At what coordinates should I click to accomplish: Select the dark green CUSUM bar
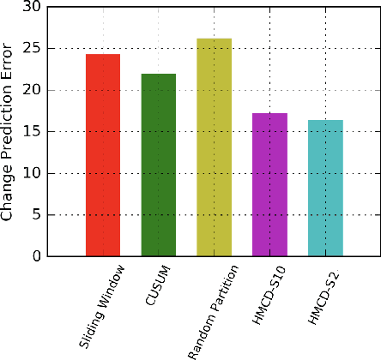tap(159, 165)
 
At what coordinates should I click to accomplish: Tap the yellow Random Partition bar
tap(214, 147)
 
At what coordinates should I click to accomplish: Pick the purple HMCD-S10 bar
tap(269, 185)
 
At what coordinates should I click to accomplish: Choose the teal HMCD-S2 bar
tap(325, 189)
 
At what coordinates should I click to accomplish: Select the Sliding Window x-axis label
tap(103, 306)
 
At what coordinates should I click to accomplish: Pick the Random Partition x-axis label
tap(209, 311)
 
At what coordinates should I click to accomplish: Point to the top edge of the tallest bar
tap(214, 39)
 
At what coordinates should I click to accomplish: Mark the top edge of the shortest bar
tap(325, 120)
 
